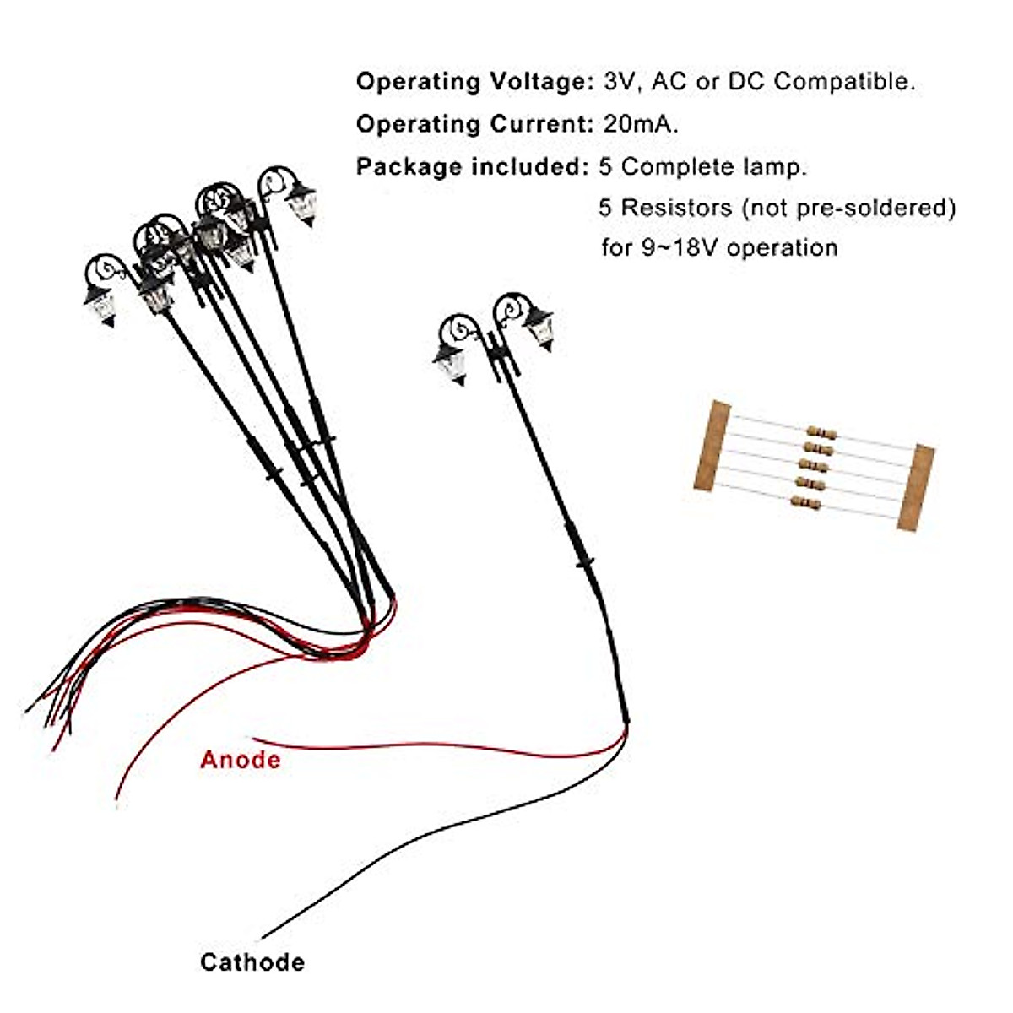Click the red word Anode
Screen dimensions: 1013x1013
pyautogui.click(x=241, y=760)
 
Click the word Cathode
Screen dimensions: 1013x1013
pyautogui.click(x=252, y=962)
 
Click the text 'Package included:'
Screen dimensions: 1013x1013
pyautogui.click(x=472, y=166)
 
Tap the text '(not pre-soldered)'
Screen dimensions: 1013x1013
pyautogui.click(x=848, y=208)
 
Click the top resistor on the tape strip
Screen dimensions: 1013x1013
pyautogui.click(x=821, y=433)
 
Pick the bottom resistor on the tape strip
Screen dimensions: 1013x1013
pyautogui.click(x=805, y=503)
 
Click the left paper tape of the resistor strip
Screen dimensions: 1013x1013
pyautogui.click(x=712, y=446)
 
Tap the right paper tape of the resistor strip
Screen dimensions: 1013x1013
pyautogui.click(x=915, y=487)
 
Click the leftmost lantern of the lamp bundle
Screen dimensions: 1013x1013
pyautogui.click(x=100, y=304)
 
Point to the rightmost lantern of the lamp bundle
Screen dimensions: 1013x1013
pyautogui.click(x=301, y=203)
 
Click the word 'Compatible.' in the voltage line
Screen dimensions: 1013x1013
pyautogui.click(x=844, y=82)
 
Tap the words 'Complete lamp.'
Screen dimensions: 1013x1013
pyautogui.click(x=714, y=166)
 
